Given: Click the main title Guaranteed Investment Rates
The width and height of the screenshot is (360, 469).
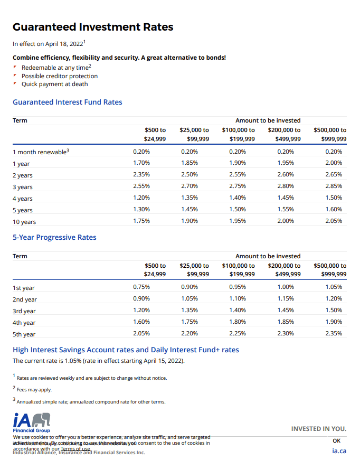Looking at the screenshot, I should pyautogui.click(x=92, y=27).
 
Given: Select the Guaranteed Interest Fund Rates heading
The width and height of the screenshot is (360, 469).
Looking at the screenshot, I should pyautogui.click(x=67, y=102).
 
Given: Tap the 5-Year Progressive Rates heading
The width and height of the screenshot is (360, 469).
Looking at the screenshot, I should pyautogui.click(x=54, y=238).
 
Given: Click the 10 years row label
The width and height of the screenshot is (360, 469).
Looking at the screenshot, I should pyautogui.click(x=24, y=222).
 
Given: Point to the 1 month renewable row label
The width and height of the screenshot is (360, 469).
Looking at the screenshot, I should pyautogui.click(x=41, y=152).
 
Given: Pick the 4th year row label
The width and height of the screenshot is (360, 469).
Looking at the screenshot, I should pyautogui.click(x=24, y=323).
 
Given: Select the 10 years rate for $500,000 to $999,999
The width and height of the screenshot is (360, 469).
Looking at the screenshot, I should pyautogui.click(x=334, y=221).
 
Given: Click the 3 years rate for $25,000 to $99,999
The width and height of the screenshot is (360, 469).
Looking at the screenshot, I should pyautogui.click(x=189, y=186).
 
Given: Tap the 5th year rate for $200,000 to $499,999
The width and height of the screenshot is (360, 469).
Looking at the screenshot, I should pyautogui.click(x=286, y=333).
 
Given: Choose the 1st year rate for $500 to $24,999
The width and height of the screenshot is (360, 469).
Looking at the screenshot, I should pyautogui.click(x=141, y=287).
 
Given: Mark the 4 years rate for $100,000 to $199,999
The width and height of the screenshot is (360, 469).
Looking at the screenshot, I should pyautogui.click(x=238, y=198).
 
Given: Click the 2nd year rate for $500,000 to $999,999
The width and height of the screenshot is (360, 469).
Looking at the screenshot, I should pyautogui.click(x=334, y=298).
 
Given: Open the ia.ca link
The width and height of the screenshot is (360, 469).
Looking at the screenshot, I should pyautogui.click(x=339, y=451).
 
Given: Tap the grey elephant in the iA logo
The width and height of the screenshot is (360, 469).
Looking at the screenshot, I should pyautogui.click(x=41, y=420).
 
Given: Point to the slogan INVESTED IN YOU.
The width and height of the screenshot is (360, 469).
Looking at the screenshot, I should pyautogui.click(x=319, y=429).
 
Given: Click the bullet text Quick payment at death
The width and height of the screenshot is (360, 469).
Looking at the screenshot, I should pyautogui.click(x=54, y=84).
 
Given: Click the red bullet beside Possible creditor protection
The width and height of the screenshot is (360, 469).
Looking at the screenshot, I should pyautogui.click(x=15, y=76).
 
